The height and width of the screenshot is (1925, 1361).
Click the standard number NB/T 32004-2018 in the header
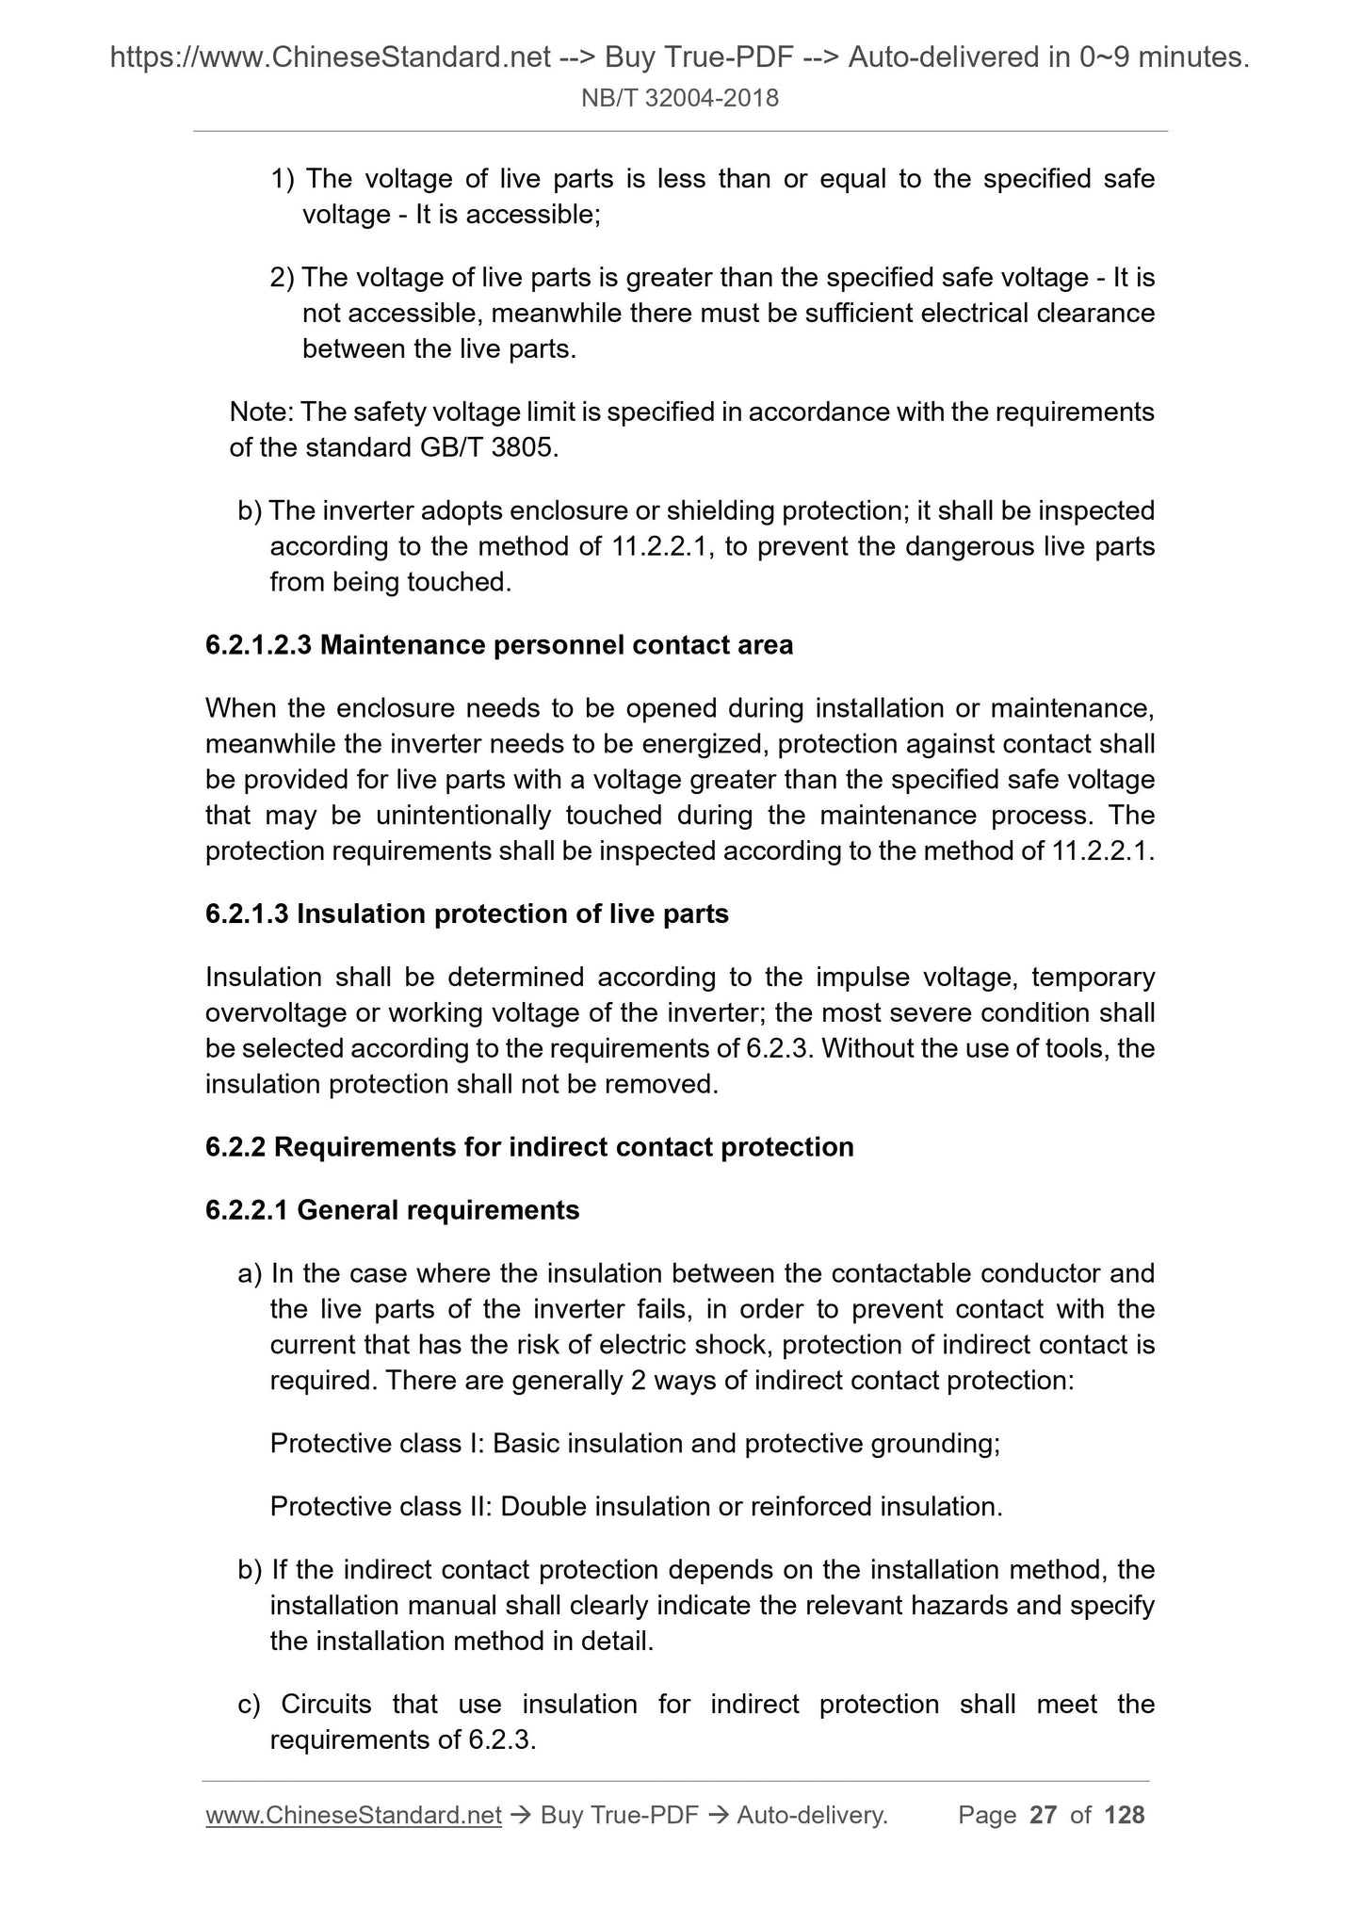[x=680, y=98]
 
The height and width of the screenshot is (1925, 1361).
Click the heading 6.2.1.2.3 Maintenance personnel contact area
[x=499, y=645]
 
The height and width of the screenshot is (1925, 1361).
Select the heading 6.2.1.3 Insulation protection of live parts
[x=467, y=914]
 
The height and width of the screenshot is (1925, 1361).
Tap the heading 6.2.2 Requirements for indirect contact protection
[x=529, y=1147]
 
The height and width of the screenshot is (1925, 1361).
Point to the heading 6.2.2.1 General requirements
[x=392, y=1210]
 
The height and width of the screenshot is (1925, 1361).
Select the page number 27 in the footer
[x=1043, y=1815]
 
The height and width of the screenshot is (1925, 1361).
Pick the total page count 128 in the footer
[x=1124, y=1815]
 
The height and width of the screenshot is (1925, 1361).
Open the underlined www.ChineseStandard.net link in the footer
[x=353, y=1815]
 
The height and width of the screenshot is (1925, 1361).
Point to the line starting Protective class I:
[x=635, y=1444]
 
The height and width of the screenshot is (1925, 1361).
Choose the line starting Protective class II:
[x=636, y=1507]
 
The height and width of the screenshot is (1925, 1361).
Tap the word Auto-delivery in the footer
[x=812, y=1815]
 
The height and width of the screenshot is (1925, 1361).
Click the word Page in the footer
[x=987, y=1815]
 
